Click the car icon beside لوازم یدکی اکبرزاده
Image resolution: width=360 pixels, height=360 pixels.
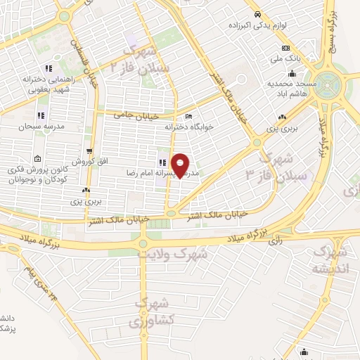click(x=258, y=14)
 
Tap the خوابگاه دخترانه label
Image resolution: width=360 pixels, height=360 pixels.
click(x=188, y=127)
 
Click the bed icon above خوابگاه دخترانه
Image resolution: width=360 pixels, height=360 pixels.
click(x=188, y=117)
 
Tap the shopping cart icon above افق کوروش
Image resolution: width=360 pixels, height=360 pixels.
click(x=89, y=151)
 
